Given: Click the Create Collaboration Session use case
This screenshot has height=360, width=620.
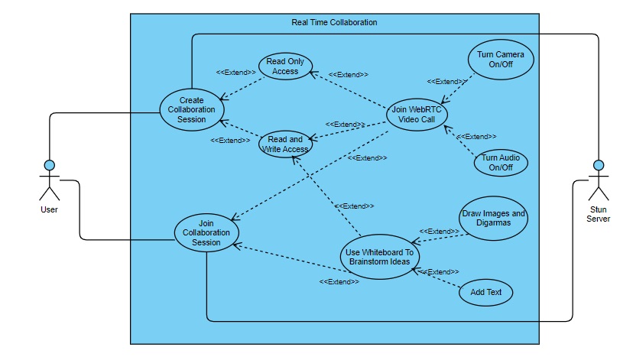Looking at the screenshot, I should [x=192, y=110].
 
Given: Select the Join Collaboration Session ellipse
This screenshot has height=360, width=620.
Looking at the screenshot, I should [x=206, y=232].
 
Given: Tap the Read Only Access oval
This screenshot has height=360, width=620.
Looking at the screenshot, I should [x=285, y=66].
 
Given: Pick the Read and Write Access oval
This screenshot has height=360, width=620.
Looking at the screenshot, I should [x=284, y=144].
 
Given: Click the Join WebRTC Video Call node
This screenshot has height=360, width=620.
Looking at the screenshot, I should [x=416, y=115].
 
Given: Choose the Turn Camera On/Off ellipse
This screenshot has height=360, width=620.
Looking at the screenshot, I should [x=501, y=60].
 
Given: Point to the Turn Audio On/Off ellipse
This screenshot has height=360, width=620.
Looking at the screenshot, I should [x=501, y=162].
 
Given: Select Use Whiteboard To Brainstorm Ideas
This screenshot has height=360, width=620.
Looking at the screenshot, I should [x=379, y=257].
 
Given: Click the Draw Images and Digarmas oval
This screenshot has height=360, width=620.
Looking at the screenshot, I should [x=493, y=219].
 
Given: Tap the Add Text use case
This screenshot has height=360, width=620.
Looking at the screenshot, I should [x=485, y=293].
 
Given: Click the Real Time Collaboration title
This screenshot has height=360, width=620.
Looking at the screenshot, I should [x=334, y=22].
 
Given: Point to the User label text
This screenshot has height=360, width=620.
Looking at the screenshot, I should [x=49, y=209].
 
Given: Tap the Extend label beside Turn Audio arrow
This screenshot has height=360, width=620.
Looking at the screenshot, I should [x=476, y=136].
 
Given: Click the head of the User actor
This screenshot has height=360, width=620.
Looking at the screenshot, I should [x=49, y=165].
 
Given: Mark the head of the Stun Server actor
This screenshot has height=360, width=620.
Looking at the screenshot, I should [x=599, y=165].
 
